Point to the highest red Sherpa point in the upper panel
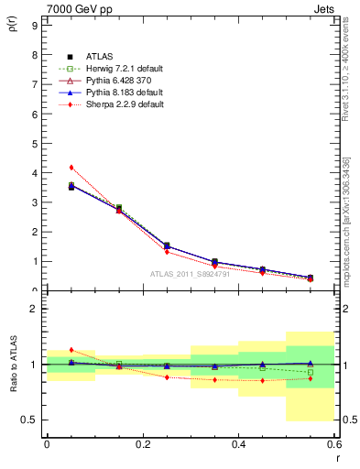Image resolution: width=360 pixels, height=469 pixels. (x=71, y=168)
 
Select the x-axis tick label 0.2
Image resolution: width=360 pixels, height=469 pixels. (x=142, y=443)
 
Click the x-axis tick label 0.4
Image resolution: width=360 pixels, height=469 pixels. (x=238, y=443)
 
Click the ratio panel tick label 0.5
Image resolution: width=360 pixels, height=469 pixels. (x=29, y=420)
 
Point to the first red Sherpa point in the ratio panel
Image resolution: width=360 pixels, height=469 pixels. (x=71, y=350)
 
